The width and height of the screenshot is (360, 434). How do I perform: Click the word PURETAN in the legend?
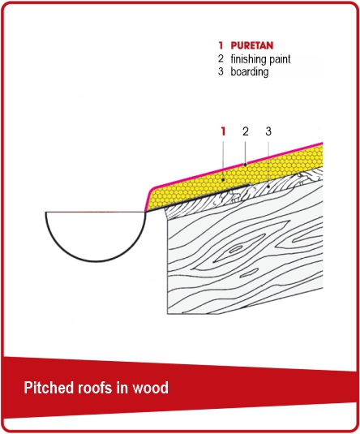point(252,45)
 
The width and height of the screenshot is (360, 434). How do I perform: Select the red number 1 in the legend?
point(221,45)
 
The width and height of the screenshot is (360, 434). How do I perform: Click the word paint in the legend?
point(281,59)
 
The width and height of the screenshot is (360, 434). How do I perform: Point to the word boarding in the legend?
point(250,72)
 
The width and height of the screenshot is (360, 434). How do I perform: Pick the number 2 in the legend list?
point(221,58)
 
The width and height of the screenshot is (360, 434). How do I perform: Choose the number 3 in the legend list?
point(221,71)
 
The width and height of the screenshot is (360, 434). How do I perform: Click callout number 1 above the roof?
point(223,131)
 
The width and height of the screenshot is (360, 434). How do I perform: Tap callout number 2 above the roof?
point(246,131)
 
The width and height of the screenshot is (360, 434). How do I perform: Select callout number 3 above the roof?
point(268,131)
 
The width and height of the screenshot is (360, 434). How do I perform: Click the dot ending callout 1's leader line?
point(223,179)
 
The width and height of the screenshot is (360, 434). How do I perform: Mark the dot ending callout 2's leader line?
point(245,165)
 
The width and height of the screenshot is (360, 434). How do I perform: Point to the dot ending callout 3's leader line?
point(268,187)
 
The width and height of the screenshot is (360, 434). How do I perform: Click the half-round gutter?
point(96,260)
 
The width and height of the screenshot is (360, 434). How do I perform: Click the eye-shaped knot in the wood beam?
point(235,250)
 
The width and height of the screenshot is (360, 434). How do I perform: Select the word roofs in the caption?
point(92,388)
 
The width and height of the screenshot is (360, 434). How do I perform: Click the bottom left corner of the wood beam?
point(167,314)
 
